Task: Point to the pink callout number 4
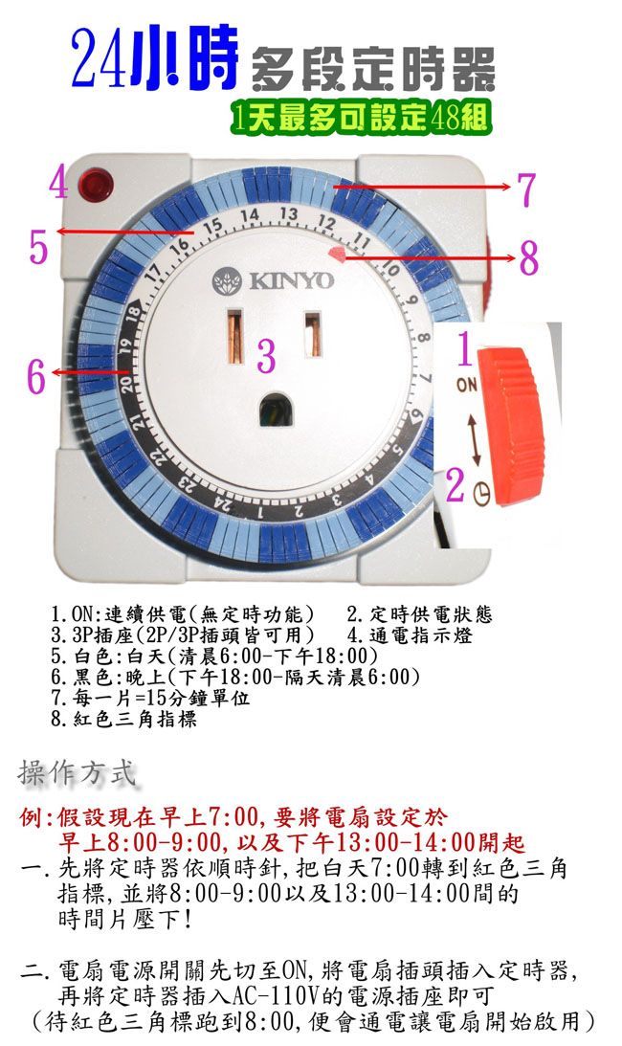(57, 182)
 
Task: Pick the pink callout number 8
(528, 257)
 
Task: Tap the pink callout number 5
(38, 247)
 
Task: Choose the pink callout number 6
(35, 376)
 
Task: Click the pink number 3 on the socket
(266, 356)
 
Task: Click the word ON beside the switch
(467, 387)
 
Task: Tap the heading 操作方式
(78, 772)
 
